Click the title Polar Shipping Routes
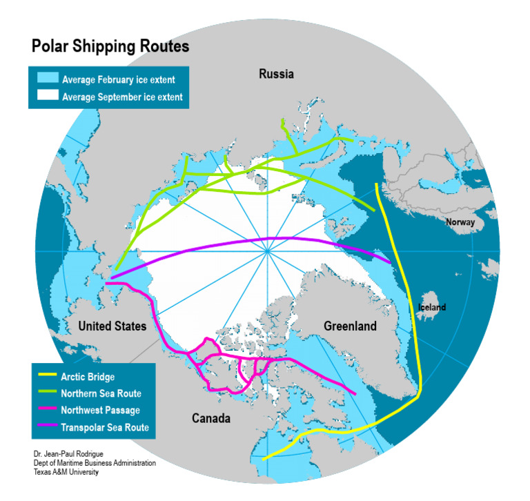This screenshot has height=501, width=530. pos(110,47)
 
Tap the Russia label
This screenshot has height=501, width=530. pos(276,74)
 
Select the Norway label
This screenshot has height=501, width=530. pos(460,222)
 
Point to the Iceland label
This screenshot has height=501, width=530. pos(432,307)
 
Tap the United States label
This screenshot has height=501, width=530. pos(112,326)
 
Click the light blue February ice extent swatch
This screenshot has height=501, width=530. pos(45,79)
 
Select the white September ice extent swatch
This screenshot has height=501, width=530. pos(45,97)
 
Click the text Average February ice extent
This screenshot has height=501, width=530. pos(118,79)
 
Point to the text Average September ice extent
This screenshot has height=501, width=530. pos(122,97)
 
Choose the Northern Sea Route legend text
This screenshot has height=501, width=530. pos(101,393)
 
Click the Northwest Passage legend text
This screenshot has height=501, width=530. pos(100,411)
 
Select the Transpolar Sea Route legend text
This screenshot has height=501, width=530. pos(104,428)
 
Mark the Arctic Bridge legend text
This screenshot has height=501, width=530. pos(88,377)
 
